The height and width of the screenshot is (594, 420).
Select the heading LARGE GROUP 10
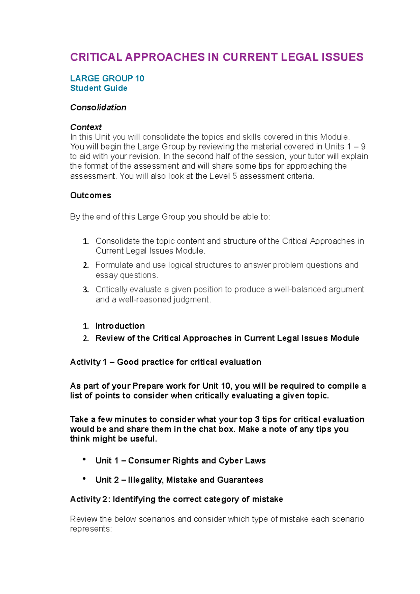107,78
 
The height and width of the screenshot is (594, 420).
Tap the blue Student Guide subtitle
99,88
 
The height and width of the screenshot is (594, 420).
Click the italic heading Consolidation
98,107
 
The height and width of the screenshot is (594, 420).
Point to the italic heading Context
86,127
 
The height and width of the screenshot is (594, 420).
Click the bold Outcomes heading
91,195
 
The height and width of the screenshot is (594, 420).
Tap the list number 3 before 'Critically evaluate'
85,290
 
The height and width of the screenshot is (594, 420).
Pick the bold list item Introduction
120,326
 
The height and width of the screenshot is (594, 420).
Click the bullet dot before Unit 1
84,459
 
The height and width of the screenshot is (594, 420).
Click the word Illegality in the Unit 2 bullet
145,480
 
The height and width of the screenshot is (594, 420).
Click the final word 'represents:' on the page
91,529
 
